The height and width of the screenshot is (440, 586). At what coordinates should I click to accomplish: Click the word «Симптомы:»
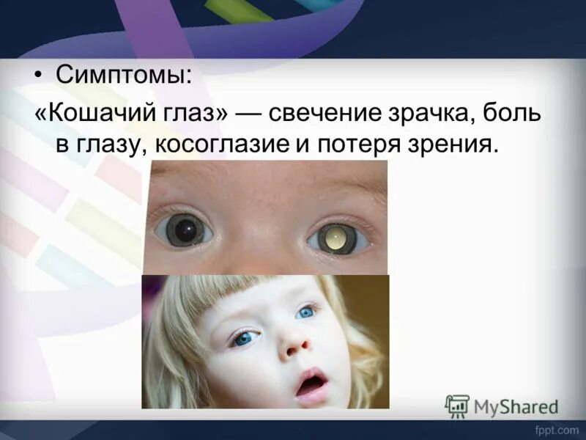click(x=122, y=76)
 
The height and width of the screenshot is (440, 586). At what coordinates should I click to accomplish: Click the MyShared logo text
click(x=516, y=406)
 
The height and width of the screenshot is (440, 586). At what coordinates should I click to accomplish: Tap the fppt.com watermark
click(x=559, y=430)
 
